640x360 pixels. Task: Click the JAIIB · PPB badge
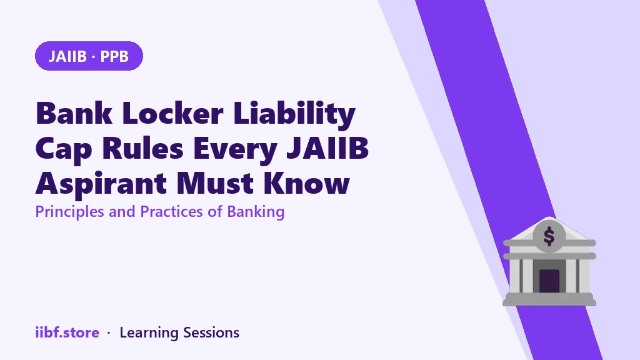point(89,56)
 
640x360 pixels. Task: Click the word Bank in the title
point(74,113)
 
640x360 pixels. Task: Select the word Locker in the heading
point(172,113)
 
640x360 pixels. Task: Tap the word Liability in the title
point(294,114)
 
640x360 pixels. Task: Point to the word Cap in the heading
point(64,149)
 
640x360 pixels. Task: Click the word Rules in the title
point(143,148)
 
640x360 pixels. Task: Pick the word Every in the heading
point(235,149)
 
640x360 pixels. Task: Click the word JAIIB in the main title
point(327,148)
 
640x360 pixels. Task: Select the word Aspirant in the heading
point(101,184)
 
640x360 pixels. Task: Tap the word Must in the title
point(215,184)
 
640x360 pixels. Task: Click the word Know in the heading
point(306,184)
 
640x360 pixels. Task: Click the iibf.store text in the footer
point(67,332)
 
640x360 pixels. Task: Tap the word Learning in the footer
point(149,333)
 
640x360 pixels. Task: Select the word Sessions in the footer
point(211,332)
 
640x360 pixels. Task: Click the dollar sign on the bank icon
point(549,236)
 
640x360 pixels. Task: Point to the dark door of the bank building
point(549,281)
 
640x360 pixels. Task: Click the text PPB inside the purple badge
point(114,56)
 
